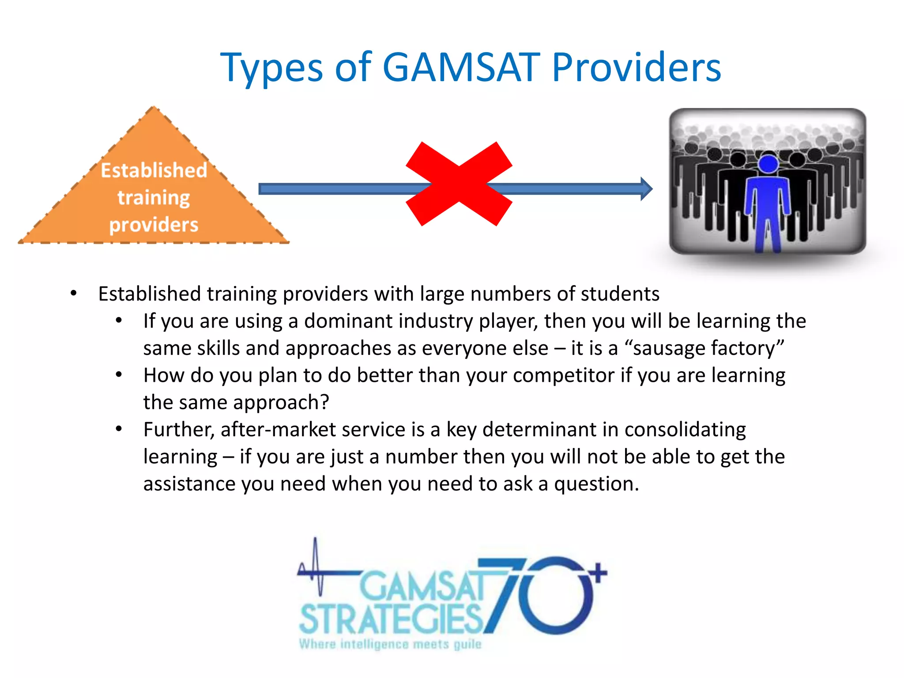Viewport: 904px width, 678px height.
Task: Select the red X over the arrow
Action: coord(459,184)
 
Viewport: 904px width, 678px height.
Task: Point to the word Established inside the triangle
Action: coord(154,170)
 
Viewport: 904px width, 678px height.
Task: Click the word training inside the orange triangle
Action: coord(154,198)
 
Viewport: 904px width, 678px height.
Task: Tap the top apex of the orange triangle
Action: coord(154,109)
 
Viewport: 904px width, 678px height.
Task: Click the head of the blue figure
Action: coord(768,164)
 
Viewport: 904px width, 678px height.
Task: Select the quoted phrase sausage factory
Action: coord(704,348)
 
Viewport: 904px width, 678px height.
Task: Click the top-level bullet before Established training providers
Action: coord(74,294)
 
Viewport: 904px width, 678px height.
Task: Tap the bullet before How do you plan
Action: coord(119,375)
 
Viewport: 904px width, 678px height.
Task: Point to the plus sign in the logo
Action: coord(598,573)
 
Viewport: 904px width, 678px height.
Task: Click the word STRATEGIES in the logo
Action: coord(391,619)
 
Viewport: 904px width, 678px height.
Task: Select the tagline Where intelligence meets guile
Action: coord(390,644)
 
